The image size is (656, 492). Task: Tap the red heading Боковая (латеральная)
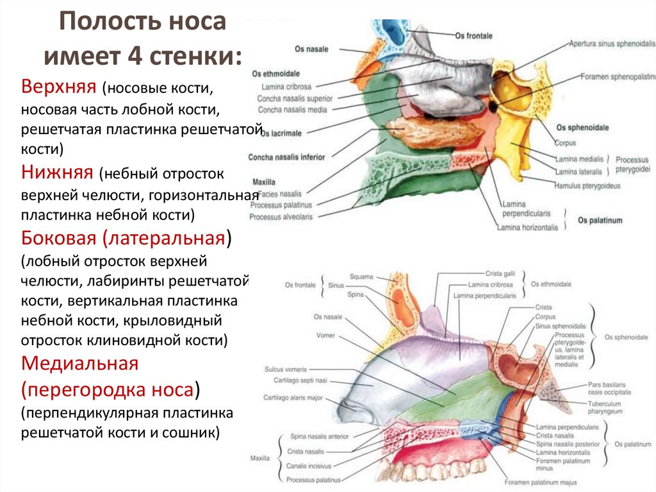pyautogui.click(x=126, y=239)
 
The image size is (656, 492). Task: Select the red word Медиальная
pyautogui.click(x=80, y=364)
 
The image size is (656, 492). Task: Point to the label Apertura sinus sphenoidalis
pyautogui.click(x=612, y=44)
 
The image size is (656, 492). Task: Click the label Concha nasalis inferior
pyautogui.click(x=286, y=157)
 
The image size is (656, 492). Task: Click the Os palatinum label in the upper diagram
pyautogui.click(x=600, y=221)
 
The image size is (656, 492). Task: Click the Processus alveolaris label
pyautogui.click(x=282, y=217)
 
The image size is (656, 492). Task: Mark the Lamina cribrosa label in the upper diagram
pyautogui.click(x=277, y=86)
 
